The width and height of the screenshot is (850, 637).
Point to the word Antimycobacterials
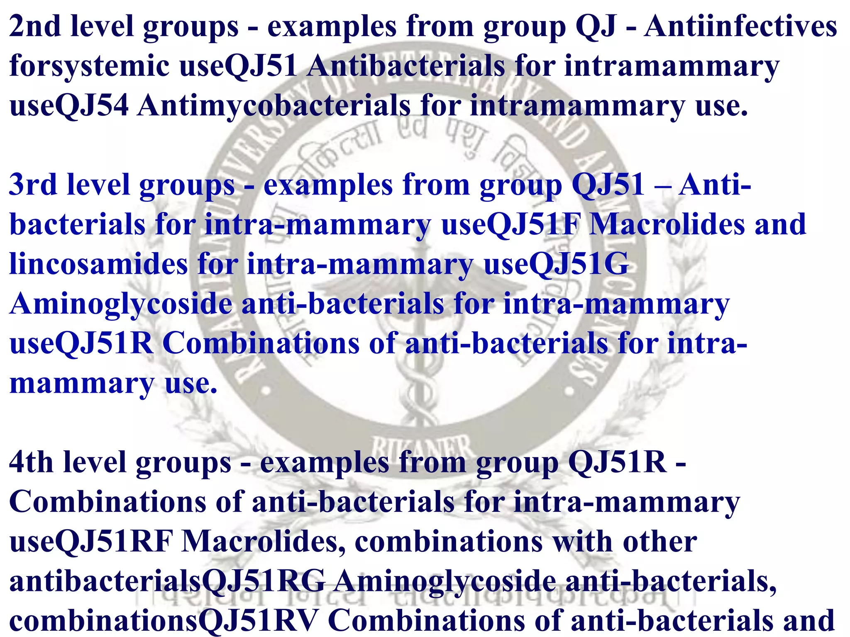[274, 106]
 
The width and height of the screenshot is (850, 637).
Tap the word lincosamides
[98, 264]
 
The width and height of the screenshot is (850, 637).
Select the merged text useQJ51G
[556, 264]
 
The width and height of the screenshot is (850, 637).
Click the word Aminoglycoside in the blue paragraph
[120, 304]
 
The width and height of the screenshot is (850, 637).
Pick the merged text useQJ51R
[81, 344]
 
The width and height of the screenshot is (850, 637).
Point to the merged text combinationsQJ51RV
[164, 620]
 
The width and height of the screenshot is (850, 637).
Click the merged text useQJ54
[69, 106]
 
